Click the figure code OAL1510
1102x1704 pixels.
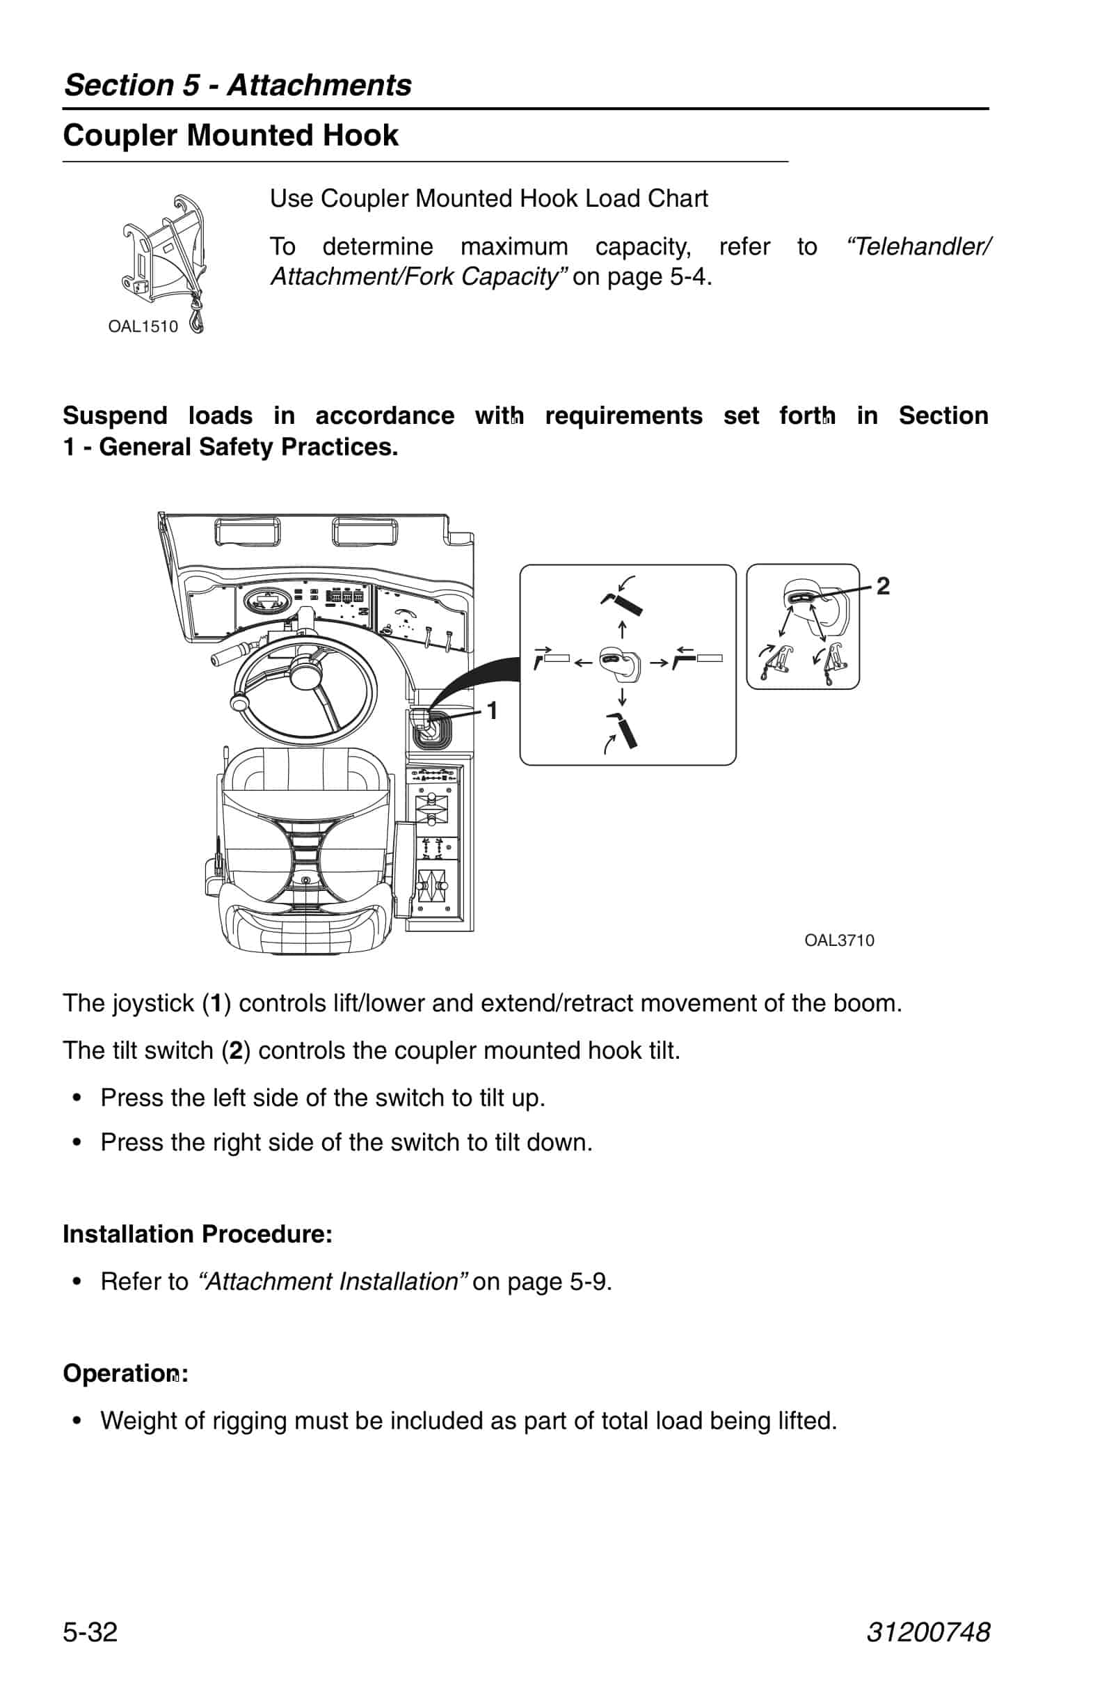(143, 326)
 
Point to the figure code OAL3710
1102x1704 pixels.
(838, 941)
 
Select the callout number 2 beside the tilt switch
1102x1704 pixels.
(883, 586)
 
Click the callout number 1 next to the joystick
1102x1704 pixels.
(493, 710)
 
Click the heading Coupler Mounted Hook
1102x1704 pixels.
(230, 136)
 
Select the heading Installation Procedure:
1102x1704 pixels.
(198, 1234)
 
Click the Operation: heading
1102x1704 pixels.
(125, 1373)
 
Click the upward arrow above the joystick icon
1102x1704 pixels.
(622, 630)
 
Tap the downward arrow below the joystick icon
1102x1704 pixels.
(622, 696)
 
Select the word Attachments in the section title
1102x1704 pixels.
(319, 85)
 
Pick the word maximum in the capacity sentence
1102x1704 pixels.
(514, 247)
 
